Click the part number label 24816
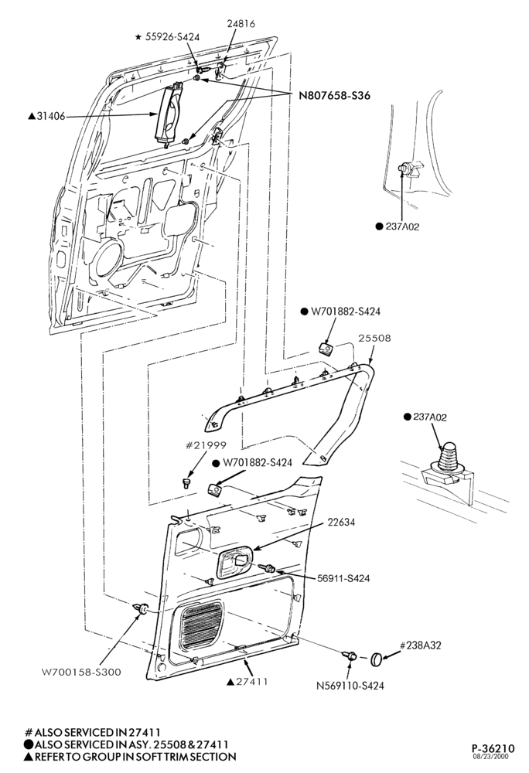241,24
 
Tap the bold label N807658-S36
335,96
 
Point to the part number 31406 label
47,117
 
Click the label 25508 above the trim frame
374,339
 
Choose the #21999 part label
206,445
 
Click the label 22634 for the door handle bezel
341,523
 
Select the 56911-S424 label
343,578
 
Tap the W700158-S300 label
81,672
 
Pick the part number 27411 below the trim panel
247,681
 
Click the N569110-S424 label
350,685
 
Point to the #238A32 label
420,645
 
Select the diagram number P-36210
493,748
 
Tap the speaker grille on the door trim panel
199,625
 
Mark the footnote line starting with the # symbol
93,733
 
